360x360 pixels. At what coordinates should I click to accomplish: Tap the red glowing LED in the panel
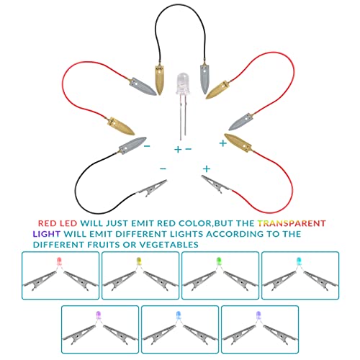click(x=59, y=261)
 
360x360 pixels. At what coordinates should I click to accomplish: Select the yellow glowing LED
click(x=139, y=261)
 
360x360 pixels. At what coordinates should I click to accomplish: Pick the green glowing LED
click(x=219, y=261)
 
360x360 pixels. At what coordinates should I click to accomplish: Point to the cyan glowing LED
click(x=299, y=261)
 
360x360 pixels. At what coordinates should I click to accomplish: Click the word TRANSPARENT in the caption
click(x=292, y=223)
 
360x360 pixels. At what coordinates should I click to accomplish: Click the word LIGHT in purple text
click(x=47, y=234)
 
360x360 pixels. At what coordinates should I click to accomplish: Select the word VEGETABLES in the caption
click(x=169, y=245)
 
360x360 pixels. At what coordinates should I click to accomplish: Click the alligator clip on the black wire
click(x=152, y=189)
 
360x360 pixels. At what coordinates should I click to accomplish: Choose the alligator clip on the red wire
click(x=217, y=184)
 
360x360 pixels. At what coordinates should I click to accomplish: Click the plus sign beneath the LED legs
click(x=178, y=150)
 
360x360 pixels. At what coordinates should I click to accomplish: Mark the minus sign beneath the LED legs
click(x=189, y=149)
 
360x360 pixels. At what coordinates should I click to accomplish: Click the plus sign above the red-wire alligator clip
click(x=207, y=169)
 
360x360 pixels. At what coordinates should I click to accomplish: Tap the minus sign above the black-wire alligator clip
click(x=163, y=168)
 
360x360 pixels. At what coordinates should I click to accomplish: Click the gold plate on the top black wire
click(x=159, y=80)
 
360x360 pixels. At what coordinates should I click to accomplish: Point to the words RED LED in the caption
click(x=58, y=223)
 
